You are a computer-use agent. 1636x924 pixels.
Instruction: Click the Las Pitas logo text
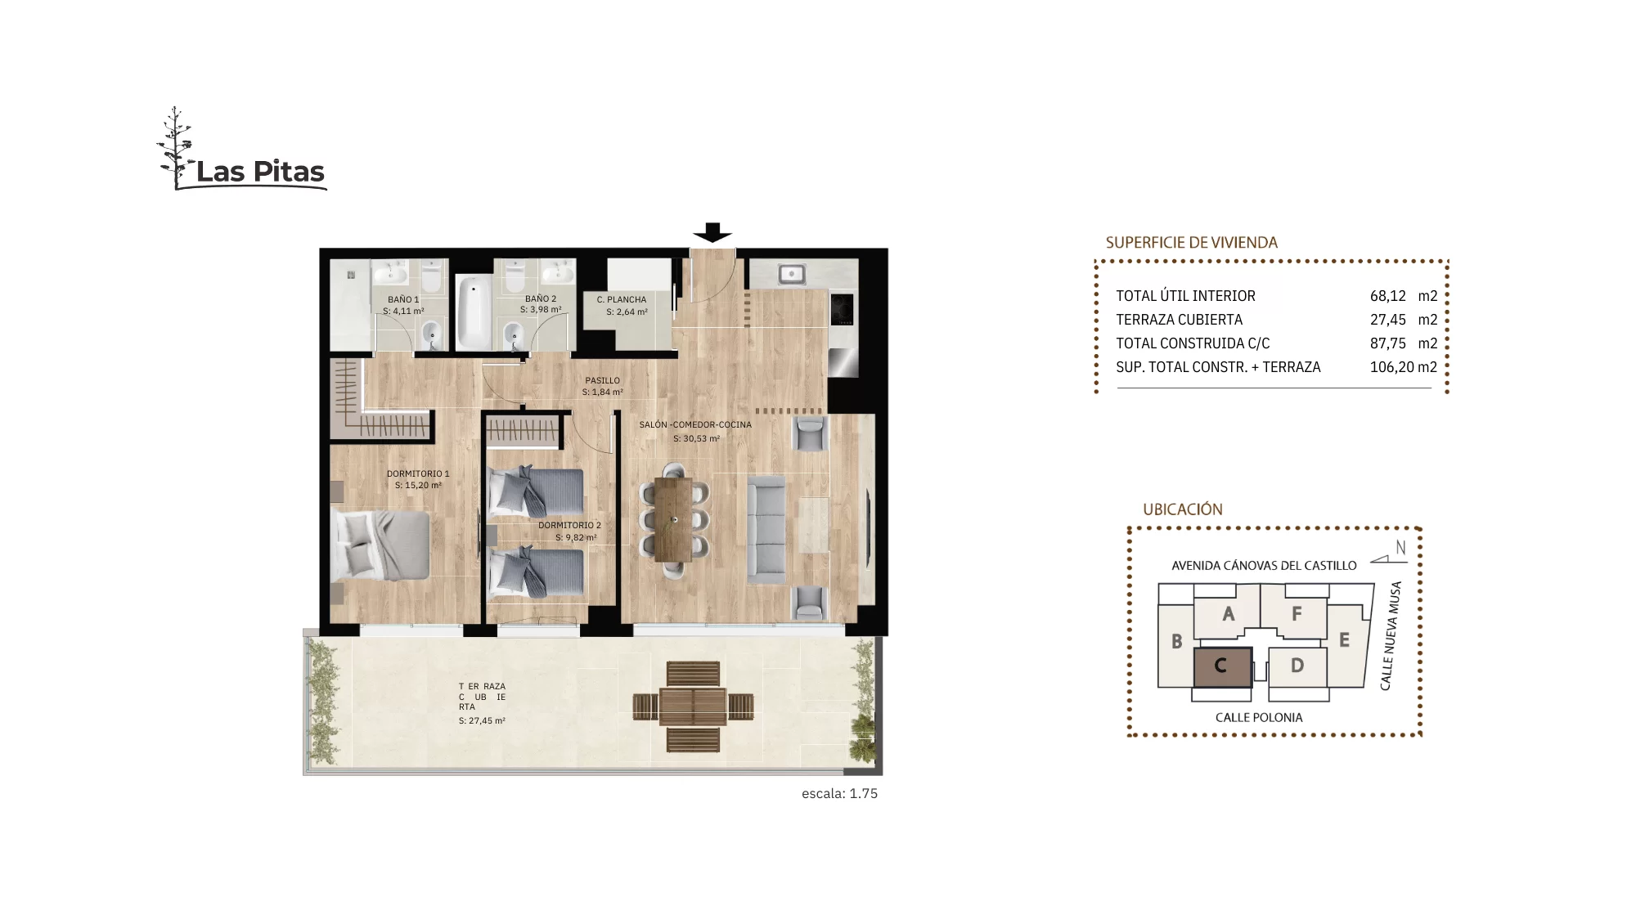(x=260, y=172)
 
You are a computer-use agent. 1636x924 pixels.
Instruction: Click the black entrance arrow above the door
(x=712, y=233)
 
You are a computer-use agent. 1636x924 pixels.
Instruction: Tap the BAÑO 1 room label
(x=403, y=299)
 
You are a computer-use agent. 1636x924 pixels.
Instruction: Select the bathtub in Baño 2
(x=474, y=312)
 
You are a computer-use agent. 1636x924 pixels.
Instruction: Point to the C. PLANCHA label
(x=622, y=300)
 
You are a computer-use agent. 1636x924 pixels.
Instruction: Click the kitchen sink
(x=791, y=273)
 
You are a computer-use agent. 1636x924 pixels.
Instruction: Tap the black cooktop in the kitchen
(x=843, y=310)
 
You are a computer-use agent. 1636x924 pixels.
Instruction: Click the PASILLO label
(x=603, y=380)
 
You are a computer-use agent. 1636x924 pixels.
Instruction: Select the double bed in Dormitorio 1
(x=380, y=545)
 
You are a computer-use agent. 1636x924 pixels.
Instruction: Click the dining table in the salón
(x=673, y=519)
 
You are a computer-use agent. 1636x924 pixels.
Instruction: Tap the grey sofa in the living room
(x=766, y=530)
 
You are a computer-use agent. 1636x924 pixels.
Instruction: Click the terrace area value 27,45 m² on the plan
(x=482, y=721)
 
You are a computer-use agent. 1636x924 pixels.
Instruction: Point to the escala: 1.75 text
(x=839, y=793)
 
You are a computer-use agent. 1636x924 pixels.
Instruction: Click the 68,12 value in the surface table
(x=1388, y=296)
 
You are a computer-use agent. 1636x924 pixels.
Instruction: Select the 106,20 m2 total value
(x=1404, y=367)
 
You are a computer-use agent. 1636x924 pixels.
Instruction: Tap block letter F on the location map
(x=1297, y=613)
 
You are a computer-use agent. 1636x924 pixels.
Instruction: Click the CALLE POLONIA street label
(x=1259, y=718)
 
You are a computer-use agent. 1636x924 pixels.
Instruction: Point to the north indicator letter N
(x=1400, y=548)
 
